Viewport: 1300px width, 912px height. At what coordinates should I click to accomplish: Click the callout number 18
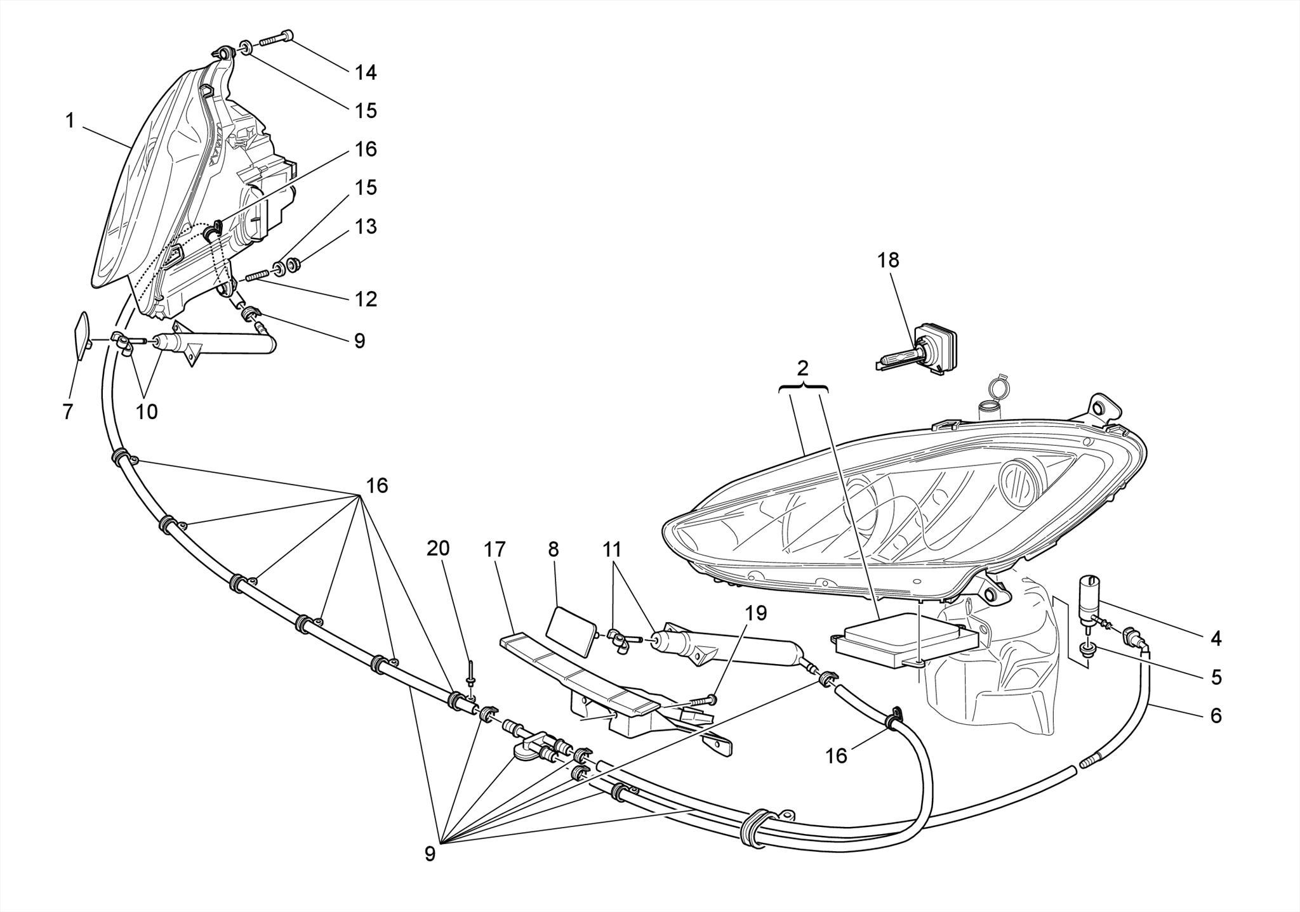[x=888, y=260]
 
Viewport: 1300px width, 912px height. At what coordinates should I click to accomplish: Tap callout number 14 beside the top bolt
[x=366, y=73]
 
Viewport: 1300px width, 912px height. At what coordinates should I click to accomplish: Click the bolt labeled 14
[x=276, y=38]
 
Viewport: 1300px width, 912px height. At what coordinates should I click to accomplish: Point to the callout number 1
[x=70, y=121]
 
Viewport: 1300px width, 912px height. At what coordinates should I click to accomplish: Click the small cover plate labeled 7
[x=82, y=335]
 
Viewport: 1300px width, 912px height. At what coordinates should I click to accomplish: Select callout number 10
[x=146, y=412]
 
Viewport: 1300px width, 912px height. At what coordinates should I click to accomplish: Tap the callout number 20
[x=437, y=549]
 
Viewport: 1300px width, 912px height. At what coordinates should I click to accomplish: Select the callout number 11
[x=612, y=549]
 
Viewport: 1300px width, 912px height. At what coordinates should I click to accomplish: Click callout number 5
[x=1216, y=677]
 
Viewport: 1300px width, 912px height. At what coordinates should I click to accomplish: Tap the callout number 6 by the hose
[x=1216, y=716]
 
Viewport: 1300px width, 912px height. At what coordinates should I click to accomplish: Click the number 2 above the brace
[x=803, y=368]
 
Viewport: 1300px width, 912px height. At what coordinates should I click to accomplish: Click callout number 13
[x=366, y=226]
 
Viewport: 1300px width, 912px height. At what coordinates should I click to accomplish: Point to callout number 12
[x=366, y=299]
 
